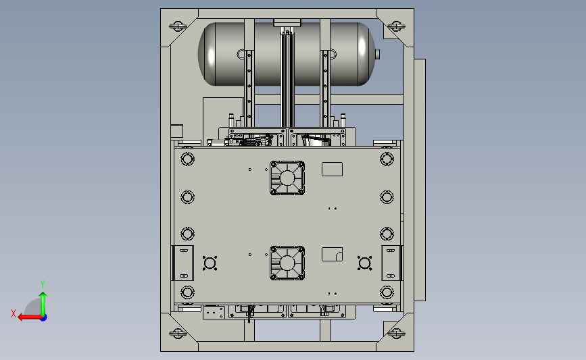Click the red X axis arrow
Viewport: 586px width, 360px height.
pos(30,317)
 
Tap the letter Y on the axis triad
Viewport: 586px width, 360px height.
pos(43,284)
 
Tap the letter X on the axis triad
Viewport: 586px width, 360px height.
pos(14,313)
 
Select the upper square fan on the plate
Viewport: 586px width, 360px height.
pos(287,178)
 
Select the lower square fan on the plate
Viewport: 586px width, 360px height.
pos(287,263)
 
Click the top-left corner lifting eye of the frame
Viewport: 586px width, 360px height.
pos(178,26)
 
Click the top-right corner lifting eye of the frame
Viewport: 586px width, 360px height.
pos(396,26)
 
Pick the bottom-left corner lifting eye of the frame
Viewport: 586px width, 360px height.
pos(178,333)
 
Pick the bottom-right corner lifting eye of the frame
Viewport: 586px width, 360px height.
pos(396,333)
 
